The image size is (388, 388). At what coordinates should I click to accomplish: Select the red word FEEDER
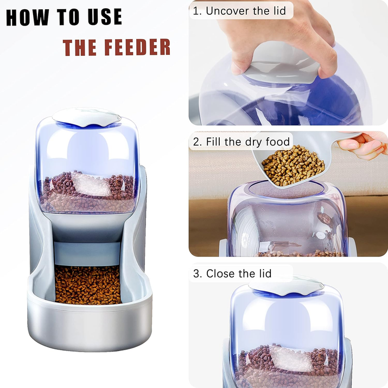point(137,47)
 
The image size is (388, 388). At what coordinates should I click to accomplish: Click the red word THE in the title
point(79,48)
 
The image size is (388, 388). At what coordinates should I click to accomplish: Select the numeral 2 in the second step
point(196,142)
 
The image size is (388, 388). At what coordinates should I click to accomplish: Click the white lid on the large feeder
point(87,117)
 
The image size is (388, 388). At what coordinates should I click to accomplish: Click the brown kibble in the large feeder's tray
point(88,284)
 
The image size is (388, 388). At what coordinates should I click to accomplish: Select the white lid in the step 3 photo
point(286,286)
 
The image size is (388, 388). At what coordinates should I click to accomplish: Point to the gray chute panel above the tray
point(87,253)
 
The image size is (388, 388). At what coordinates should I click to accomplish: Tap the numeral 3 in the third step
point(196,273)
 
